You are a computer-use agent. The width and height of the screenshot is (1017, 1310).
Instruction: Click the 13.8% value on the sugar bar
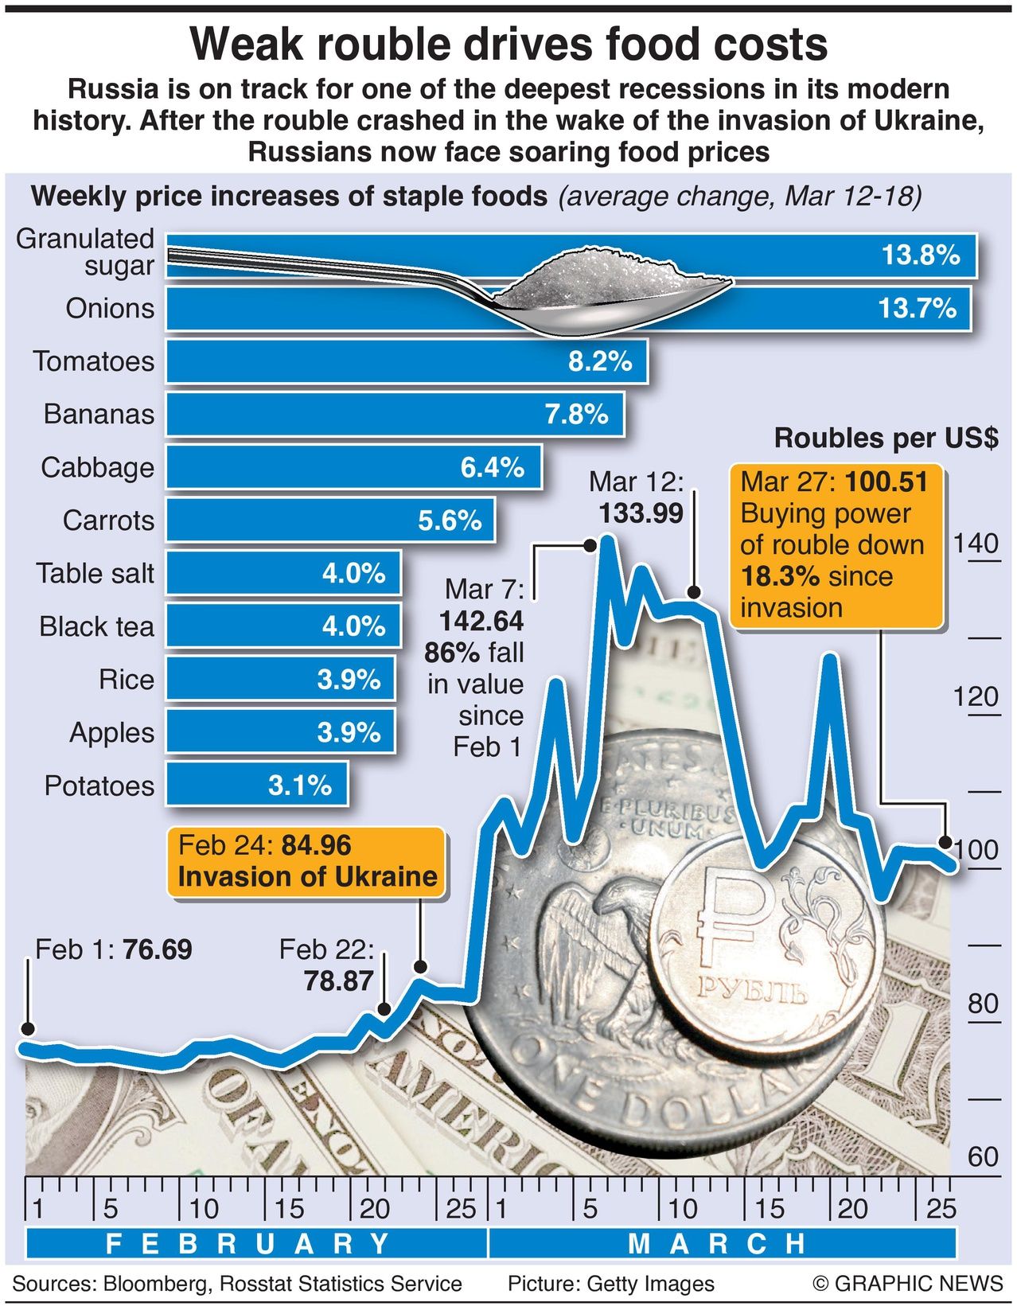coord(920,255)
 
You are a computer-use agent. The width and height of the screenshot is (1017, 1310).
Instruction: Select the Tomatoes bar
coord(406,361)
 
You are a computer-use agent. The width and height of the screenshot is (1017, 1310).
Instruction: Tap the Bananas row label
coord(99,414)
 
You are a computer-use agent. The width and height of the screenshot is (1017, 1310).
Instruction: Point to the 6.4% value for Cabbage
coord(492,467)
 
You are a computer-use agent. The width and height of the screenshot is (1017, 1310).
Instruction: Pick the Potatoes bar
coord(256,786)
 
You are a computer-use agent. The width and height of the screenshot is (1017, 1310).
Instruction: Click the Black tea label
coord(96,626)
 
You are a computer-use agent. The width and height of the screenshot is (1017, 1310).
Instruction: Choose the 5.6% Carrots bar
coord(329,520)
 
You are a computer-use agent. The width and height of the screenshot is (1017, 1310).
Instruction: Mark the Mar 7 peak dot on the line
coord(590,545)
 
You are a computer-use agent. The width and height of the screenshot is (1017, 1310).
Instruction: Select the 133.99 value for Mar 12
coord(641,513)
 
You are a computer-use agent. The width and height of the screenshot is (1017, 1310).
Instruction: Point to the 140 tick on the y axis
coord(976,544)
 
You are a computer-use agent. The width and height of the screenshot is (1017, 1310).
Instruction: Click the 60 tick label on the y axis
coord(983,1156)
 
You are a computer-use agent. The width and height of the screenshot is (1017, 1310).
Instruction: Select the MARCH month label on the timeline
coord(716,1243)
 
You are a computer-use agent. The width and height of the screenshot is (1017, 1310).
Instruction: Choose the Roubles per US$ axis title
coord(886,438)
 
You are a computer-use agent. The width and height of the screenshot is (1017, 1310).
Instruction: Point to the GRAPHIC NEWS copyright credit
coord(908,1284)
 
